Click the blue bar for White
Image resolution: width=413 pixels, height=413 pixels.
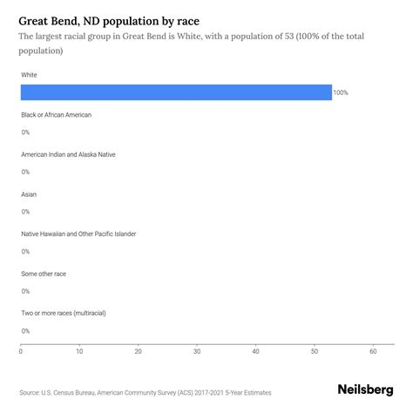click(176, 92)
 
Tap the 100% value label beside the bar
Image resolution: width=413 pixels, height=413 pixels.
click(340, 92)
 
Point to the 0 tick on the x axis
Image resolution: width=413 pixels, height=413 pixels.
click(21, 352)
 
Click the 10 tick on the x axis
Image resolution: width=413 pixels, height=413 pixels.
click(79, 352)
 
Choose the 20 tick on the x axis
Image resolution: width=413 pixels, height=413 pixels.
click(139, 352)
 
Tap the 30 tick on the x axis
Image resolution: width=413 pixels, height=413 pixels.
click(197, 352)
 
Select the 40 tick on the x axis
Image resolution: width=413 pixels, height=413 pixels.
click(255, 352)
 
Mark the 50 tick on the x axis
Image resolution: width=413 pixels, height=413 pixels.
click(315, 352)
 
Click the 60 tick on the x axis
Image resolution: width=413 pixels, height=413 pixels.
click(373, 352)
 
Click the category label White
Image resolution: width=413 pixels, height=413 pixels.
click(29, 75)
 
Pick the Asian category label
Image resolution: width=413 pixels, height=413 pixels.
click(29, 194)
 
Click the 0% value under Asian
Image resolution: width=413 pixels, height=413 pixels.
click(25, 212)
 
